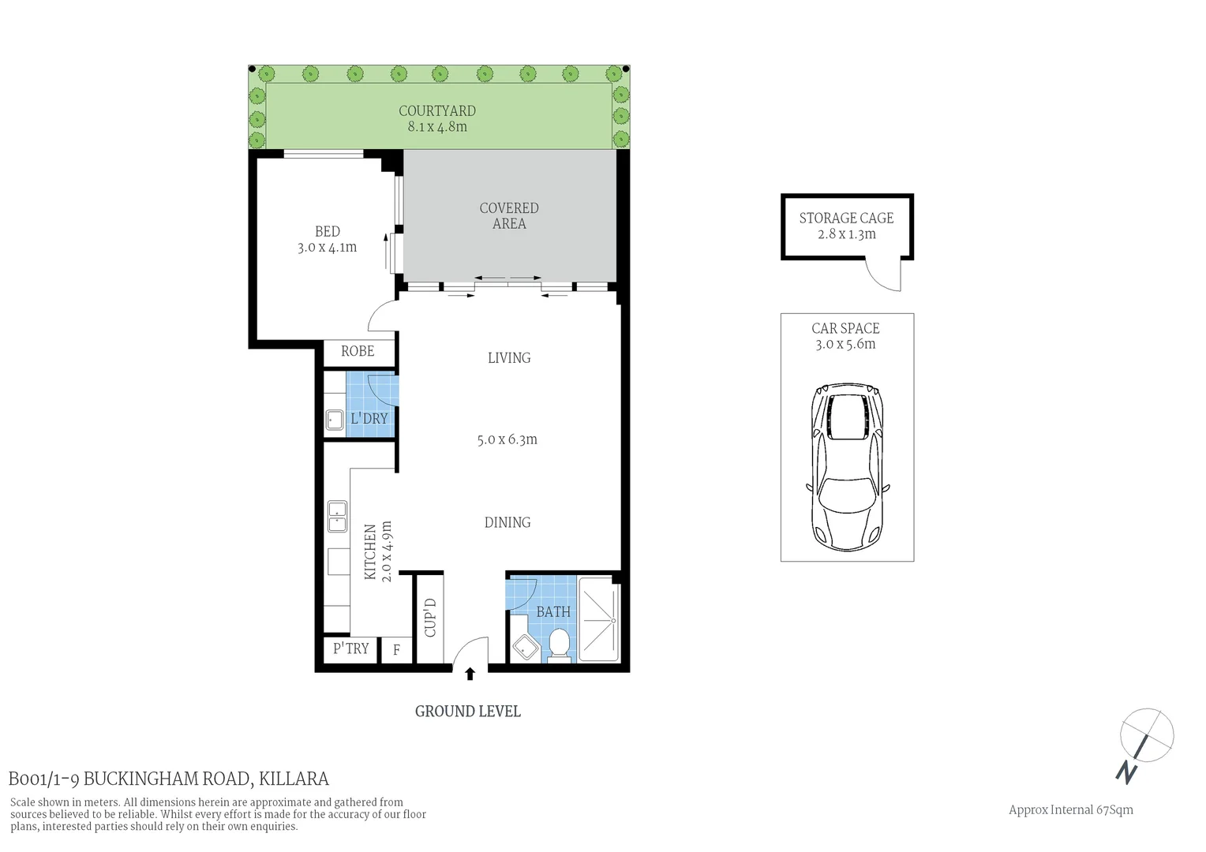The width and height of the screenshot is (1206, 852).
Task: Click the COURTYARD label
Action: [x=436, y=111]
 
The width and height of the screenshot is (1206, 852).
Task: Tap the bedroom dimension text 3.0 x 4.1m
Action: [x=327, y=248]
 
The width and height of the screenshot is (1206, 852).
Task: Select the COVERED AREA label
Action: [x=509, y=215]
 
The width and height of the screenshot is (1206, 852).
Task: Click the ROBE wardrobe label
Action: [x=358, y=351]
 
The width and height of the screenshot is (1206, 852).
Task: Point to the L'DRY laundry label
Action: [x=369, y=418]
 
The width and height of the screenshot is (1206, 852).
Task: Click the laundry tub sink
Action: [x=334, y=420]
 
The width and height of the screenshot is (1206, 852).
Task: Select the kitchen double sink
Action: [x=338, y=517]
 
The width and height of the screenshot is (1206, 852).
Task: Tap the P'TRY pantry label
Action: [x=350, y=648]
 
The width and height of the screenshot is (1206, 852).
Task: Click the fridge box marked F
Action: [x=396, y=651]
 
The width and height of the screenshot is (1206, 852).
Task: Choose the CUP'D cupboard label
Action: [x=430, y=618]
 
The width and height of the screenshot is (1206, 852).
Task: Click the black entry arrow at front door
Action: [x=470, y=674]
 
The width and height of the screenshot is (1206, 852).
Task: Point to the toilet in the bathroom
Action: [x=559, y=643]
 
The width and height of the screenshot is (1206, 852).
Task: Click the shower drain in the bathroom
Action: [x=612, y=620]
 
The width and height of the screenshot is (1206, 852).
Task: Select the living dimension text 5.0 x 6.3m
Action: [x=507, y=439]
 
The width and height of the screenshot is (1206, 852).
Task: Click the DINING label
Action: [x=507, y=522]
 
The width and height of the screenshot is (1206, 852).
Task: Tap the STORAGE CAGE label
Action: [x=846, y=219]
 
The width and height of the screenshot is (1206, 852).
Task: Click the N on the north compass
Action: [x=1126, y=772]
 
